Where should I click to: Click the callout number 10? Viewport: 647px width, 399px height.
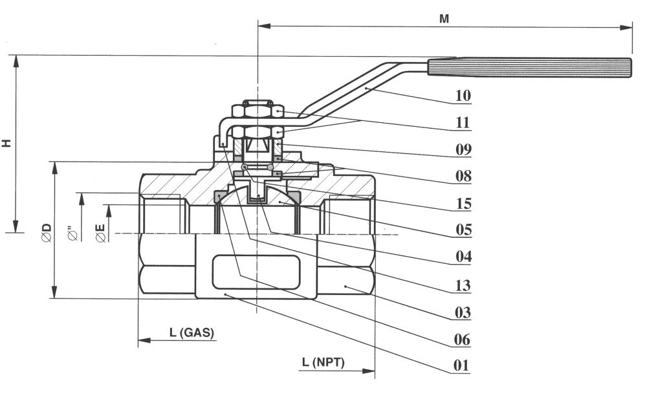tap(463, 95)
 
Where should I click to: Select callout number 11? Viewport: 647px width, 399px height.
tap(463, 123)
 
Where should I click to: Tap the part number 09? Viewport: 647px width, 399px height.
tap(463, 149)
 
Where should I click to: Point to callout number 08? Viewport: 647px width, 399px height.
tap(463, 176)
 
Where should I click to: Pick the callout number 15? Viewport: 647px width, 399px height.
tap(463, 204)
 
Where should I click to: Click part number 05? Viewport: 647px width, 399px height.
tap(463, 230)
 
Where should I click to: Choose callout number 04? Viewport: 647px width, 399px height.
tap(463, 257)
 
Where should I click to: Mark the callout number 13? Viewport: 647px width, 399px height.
tap(463, 285)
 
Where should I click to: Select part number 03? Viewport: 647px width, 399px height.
tap(463, 312)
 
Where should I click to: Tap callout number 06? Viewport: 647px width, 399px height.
tap(462, 339)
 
